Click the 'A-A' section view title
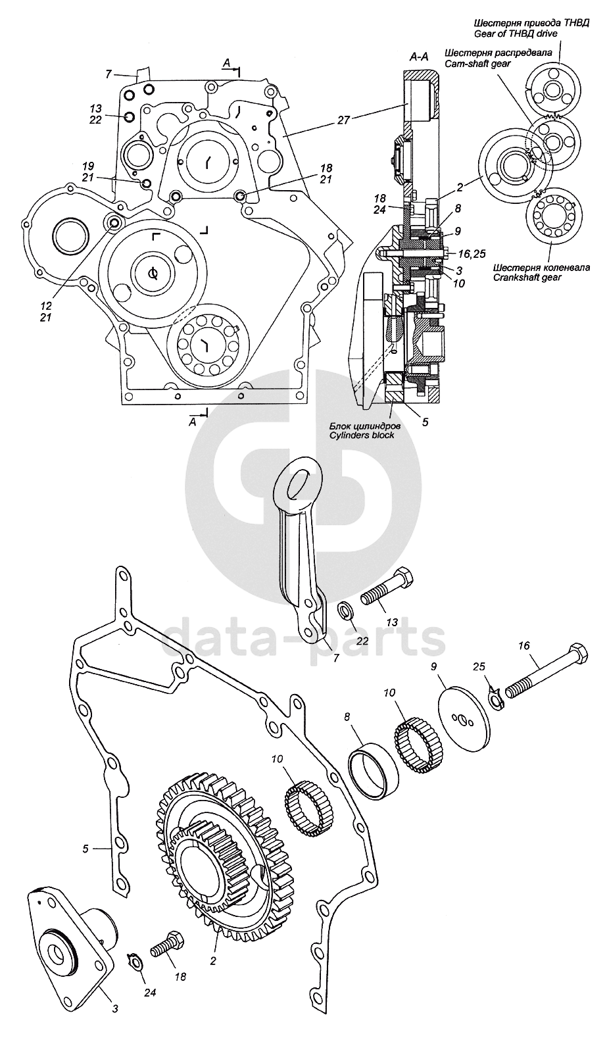coord(420,57)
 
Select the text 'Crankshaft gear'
coord(527,277)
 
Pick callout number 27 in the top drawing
coord(343,120)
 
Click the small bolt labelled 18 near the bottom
coord(168,941)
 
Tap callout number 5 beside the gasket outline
coord(85,849)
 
